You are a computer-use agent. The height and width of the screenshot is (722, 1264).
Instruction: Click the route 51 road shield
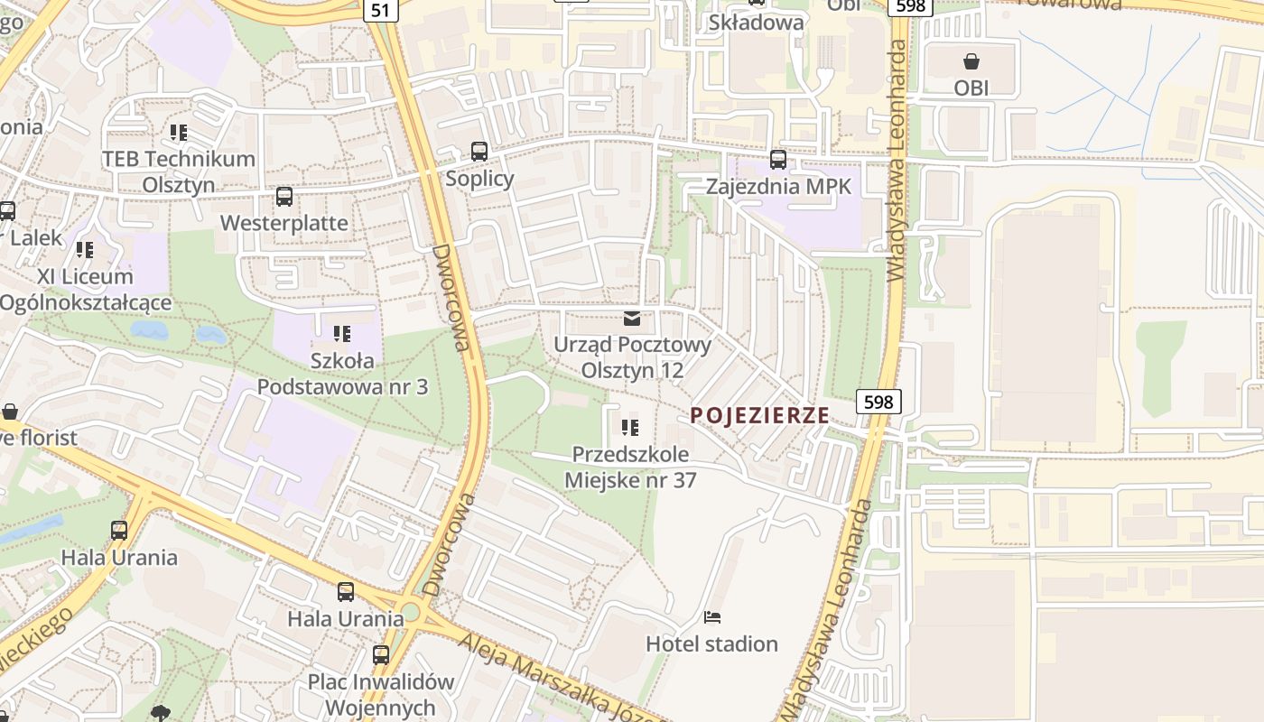[381, 9]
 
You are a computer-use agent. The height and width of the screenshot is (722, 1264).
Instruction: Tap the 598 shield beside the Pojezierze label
[878, 402]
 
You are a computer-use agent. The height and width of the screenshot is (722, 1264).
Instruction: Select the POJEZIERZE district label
[759, 415]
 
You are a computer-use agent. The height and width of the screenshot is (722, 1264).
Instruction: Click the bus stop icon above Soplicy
[479, 152]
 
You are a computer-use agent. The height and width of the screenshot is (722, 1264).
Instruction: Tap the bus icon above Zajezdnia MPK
[778, 160]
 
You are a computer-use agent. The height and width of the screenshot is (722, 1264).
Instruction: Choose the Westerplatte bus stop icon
[284, 196]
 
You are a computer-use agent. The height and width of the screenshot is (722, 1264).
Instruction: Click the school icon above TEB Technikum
[179, 133]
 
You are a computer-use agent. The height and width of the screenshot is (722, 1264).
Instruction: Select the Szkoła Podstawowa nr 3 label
[342, 374]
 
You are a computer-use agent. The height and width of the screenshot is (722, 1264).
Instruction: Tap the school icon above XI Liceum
[85, 249]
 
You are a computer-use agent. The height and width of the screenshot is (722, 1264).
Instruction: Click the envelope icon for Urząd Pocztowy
[632, 318]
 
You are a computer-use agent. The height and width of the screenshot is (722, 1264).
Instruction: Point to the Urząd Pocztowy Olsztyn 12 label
[632, 357]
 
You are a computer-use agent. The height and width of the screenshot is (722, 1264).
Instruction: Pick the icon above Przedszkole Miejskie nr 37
[630, 427]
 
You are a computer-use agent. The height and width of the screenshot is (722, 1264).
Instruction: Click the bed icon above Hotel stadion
[712, 617]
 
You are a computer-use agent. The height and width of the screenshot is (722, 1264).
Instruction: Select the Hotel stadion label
[711, 643]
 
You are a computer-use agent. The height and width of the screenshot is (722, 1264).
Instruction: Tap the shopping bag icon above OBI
[971, 61]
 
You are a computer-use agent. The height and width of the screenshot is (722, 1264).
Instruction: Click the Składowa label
[757, 23]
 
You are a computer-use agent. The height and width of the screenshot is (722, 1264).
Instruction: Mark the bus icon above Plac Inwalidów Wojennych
[381, 654]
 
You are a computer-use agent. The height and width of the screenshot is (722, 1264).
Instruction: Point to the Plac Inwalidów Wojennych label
[380, 694]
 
